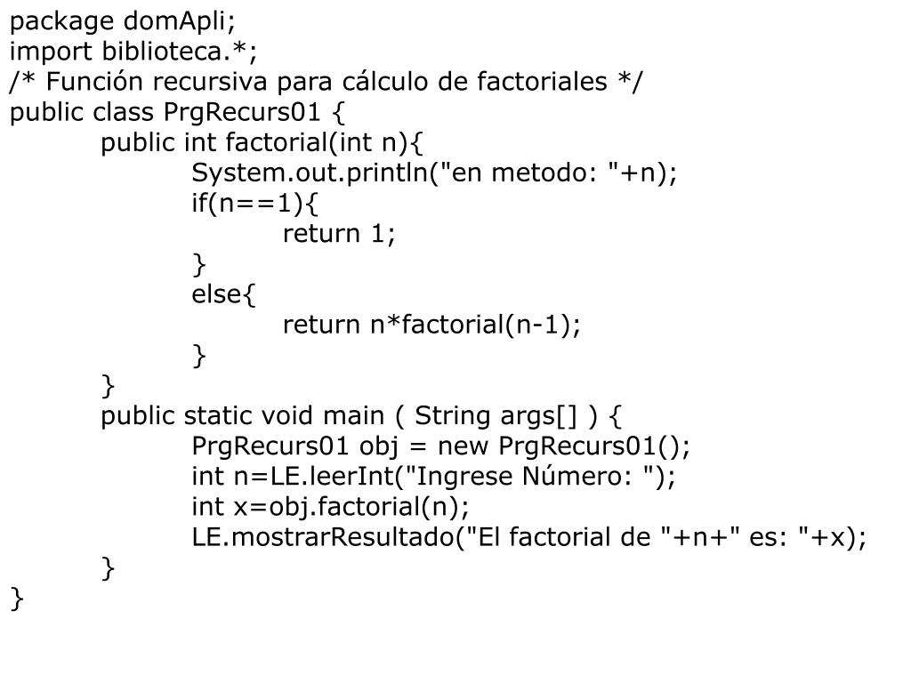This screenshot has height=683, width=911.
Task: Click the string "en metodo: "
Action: coord(528,173)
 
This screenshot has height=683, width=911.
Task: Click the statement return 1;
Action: coord(338,233)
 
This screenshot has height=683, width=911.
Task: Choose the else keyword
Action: coord(216,293)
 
